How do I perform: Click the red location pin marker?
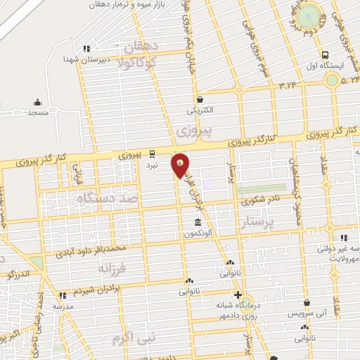tap(181, 165)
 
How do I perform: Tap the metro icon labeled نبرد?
tap(152, 155)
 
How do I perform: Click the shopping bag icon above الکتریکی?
tap(200, 99)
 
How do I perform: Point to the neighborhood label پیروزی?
tap(189, 131)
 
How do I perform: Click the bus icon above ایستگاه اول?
tap(324, 56)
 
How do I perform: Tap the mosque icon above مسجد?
tap(37, 102)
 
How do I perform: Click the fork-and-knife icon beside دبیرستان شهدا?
tap(86, 49)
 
